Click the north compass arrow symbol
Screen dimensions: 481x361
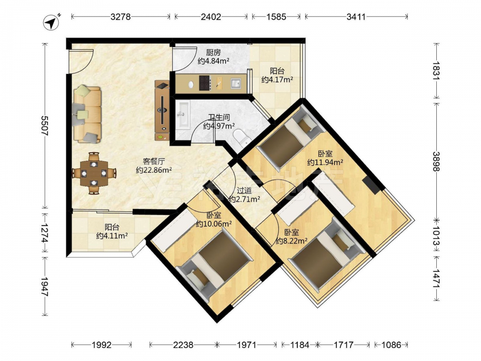51,23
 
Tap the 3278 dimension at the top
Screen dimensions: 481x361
121,16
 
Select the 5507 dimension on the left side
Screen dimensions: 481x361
45,125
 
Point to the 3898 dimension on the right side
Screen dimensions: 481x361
437,161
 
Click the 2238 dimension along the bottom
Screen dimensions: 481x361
183,345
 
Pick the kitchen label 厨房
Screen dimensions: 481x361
213,52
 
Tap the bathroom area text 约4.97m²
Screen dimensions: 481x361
219,126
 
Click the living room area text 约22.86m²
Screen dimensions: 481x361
154,170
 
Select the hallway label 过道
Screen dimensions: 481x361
244,191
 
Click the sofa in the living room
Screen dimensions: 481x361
87,114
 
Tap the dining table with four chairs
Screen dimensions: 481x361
94,173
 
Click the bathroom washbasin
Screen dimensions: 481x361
183,114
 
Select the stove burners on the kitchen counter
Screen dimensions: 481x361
205,83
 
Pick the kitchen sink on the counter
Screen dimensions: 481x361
236,83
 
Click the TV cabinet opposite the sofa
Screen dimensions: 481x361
162,111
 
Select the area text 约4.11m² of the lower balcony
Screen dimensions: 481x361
112,236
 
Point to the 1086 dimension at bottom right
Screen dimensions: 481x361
391,345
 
